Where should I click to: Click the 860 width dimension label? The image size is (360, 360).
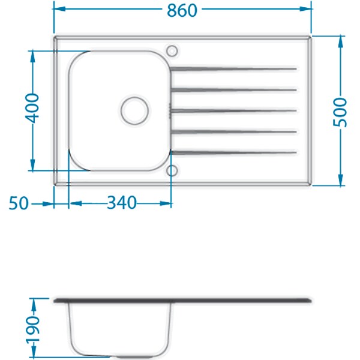point(182,10)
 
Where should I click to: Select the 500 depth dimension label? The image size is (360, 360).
point(340,112)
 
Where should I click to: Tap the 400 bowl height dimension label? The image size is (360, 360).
point(32,108)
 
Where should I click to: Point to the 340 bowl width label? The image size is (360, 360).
point(122,203)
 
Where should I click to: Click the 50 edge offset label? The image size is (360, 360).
point(19,203)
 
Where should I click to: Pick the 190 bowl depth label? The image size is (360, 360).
point(33,331)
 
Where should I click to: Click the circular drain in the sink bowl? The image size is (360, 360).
point(134,110)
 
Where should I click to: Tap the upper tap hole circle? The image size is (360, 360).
point(172,50)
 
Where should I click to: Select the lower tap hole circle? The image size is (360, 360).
point(172,171)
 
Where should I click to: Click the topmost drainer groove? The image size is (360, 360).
point(233,68)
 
